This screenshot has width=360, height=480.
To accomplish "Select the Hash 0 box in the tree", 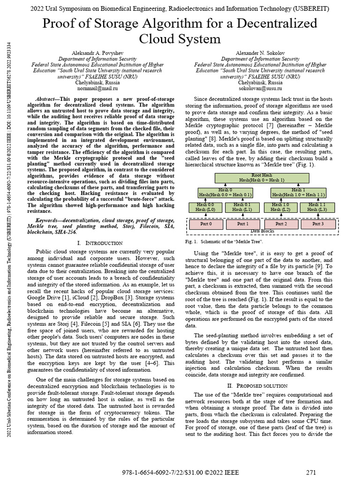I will [x=225, y=192].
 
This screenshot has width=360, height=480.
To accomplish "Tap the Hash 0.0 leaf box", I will [x=205, y=207].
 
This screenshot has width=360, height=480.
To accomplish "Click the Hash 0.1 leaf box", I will [x=242, y=207].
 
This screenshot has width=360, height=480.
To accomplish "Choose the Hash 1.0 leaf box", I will [x=280, y=207].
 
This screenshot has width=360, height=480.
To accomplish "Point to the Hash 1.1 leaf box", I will [x=317, y=207].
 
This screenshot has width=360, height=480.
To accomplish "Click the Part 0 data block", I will [x=206, y=224].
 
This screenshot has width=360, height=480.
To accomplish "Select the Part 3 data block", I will [x=318, y=224].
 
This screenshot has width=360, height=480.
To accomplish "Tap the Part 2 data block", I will [x=281, y=224].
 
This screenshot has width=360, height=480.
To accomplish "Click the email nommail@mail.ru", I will [x=97, y=88].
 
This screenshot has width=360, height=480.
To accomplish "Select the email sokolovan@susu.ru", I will [x=260, y=88].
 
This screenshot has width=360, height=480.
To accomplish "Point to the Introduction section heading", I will [x=99, y=243].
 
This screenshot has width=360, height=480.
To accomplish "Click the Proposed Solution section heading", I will [x=260, y=386].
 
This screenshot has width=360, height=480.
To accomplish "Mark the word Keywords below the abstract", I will [x=48, y=219].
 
